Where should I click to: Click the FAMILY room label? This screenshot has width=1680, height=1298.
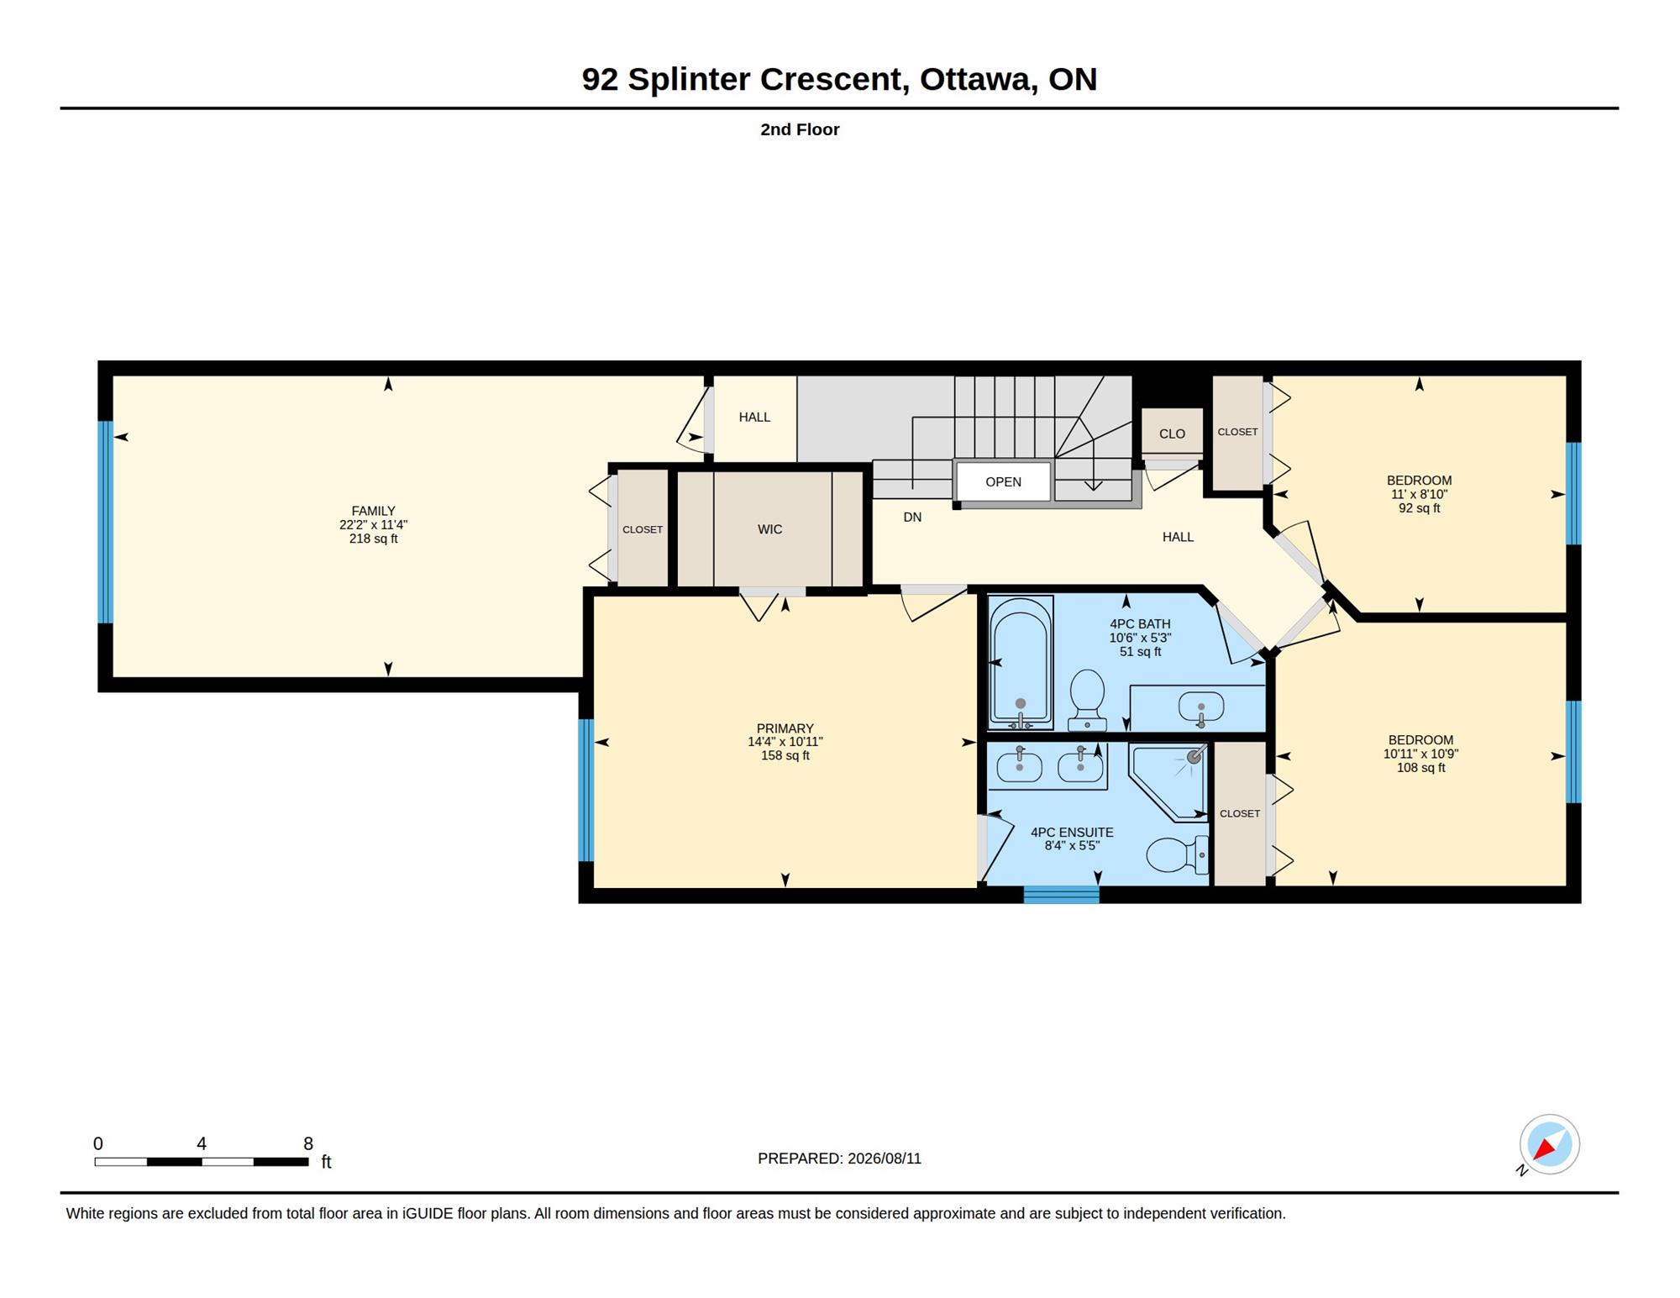tap(373, 511)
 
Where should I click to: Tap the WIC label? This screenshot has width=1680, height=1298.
tap(769, 529)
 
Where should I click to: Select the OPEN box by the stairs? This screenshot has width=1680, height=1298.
tap(1003, 481)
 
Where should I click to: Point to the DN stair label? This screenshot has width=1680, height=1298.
tap(912, 518)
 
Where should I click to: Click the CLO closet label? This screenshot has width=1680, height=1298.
tap(1172, 434)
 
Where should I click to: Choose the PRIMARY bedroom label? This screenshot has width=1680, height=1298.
tap(785, 728)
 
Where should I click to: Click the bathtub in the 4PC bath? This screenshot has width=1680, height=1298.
tap(1021, 663)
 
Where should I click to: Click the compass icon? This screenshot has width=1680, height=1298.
tap(1549, 1144)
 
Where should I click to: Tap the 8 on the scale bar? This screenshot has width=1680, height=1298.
tap(308, 1143)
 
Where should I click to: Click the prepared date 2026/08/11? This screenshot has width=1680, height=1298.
tap(885, 1159)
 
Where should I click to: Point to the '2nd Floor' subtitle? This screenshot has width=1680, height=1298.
tap(800, 129)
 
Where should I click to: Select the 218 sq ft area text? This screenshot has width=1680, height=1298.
tap(373, 539)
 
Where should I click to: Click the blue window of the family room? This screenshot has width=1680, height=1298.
tap(105, 522)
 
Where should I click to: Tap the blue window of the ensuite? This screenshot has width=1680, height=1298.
tap(1061, 895)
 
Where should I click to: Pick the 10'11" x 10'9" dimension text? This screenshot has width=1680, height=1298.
tap(1420, 754)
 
